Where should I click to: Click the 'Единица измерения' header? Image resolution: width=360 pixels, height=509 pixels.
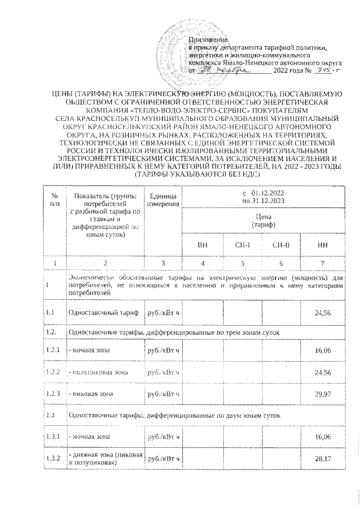pos(163,199)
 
